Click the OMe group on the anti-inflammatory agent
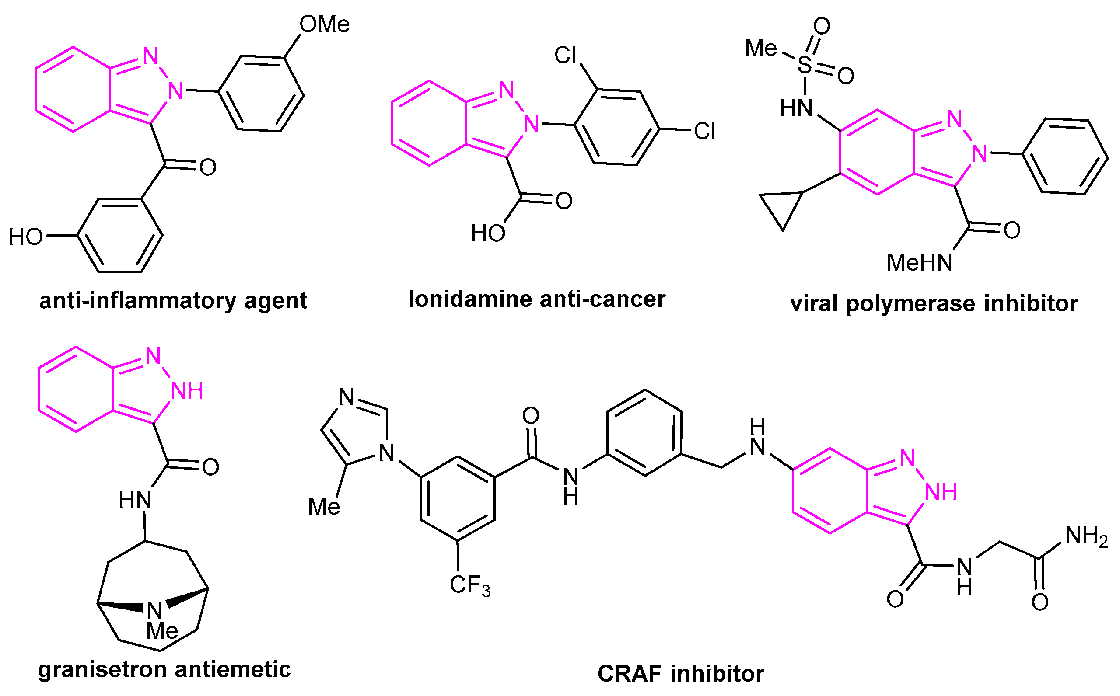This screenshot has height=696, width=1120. coord(324,24)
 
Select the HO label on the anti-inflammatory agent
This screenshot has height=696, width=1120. coord(26,237)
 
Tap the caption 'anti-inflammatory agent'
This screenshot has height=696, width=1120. coord(173,301)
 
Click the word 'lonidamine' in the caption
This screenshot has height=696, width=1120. coord(470,299)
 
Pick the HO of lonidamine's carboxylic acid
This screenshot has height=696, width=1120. coord(488,233)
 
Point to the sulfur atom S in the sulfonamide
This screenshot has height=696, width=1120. coord(805,65)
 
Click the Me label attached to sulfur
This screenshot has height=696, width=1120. coord(761,49)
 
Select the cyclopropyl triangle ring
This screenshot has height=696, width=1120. coord(783,207)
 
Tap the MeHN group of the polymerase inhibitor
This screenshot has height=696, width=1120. coord(919,263)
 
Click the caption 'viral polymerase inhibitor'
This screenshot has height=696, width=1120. coord(934,304)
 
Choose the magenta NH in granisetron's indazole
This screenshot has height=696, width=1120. coord(187,391)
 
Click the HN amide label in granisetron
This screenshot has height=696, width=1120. coord(135,500)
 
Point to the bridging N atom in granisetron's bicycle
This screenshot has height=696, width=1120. coord(154,610)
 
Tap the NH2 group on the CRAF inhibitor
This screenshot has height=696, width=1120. coord(1086,536)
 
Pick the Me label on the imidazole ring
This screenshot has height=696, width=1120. coord(324,507)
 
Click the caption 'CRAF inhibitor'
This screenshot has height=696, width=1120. coord(681,674)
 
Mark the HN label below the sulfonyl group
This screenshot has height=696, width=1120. coord(796,108)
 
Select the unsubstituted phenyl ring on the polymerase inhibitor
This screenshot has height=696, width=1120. coord(1065,157)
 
